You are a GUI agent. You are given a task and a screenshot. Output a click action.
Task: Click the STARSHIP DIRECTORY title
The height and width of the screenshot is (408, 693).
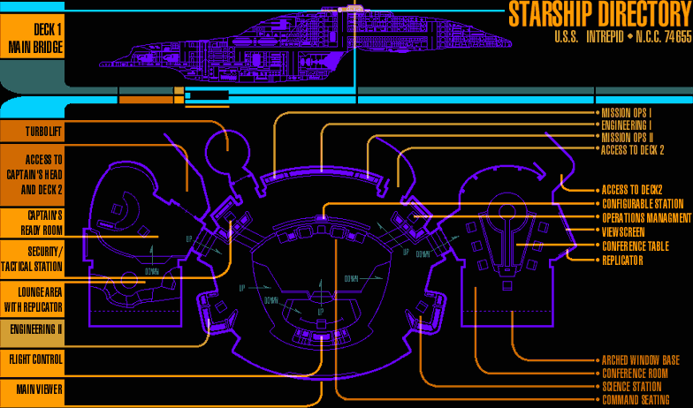point(599,16)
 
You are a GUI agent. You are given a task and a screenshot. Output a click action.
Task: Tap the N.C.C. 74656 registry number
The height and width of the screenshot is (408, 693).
point(663,38)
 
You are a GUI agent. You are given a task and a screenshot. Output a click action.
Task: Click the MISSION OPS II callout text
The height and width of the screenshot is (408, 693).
point(627,138)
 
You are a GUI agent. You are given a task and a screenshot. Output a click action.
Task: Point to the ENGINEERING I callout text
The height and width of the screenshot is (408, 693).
point(627,125)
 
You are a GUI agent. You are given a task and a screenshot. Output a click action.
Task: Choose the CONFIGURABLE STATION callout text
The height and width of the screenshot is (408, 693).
point(643,204)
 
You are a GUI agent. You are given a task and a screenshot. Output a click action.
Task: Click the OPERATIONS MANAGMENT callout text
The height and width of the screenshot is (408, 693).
point(646,217)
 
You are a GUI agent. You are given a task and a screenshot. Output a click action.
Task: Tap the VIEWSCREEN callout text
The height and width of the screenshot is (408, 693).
point(623,231)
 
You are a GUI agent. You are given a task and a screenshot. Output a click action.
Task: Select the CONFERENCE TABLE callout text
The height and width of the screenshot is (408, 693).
point(635,246)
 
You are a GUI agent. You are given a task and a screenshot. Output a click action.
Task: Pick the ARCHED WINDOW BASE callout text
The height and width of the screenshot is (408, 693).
point(640,360)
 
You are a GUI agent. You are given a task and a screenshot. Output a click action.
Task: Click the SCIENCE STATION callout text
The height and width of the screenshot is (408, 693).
point(631,386)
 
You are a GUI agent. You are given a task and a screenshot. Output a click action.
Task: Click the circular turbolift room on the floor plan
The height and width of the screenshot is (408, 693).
point(228,151)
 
